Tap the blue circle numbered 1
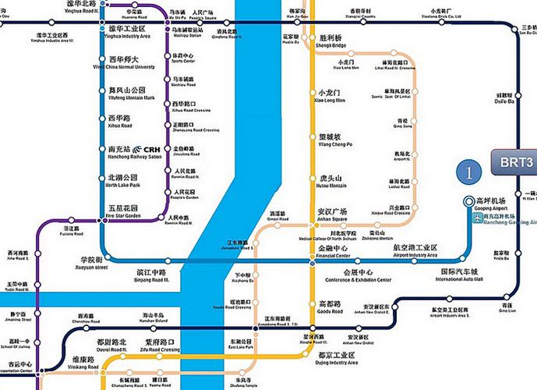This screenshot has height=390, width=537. [x=468, y=171]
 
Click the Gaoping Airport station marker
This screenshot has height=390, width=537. [x=468, y=200]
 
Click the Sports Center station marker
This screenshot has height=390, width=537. [x=166, y=58]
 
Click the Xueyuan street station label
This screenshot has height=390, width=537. [x=90, y=263]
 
